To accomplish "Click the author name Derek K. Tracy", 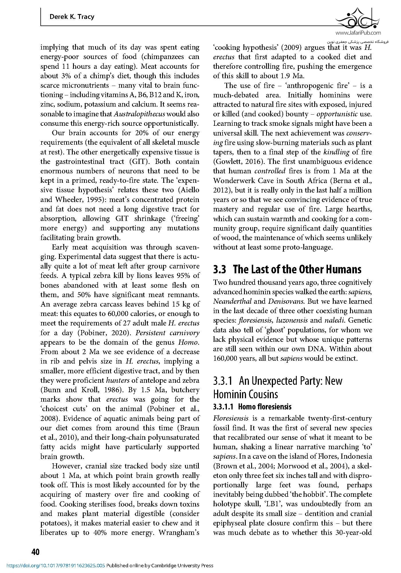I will coord(72,17).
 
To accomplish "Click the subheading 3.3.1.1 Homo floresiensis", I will coord(252,407).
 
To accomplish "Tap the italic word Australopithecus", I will coord(139,114).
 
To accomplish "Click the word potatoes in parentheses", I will coord(54,523).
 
